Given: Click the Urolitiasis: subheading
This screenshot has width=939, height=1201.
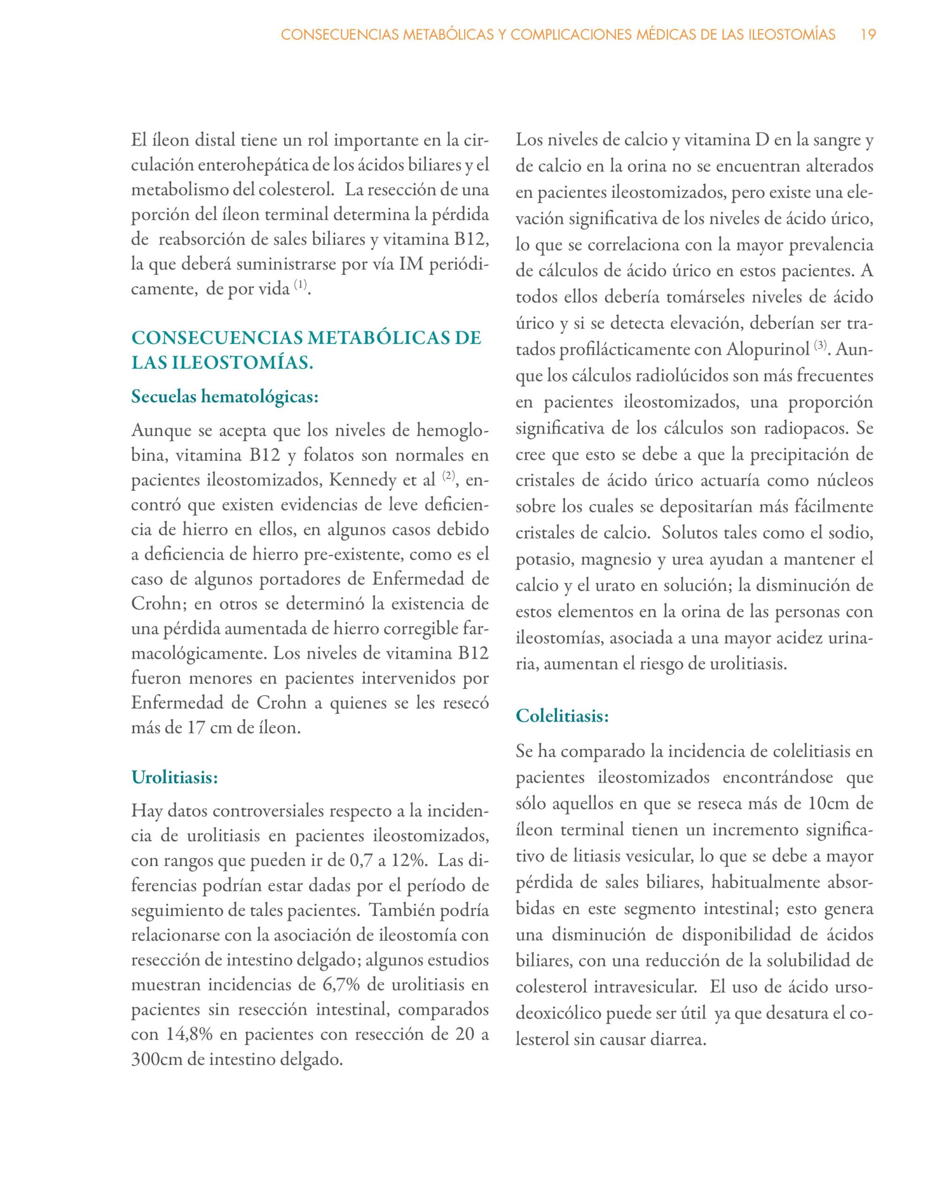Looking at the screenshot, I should pos(175,777).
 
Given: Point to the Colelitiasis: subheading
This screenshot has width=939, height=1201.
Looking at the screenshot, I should pos(562,716).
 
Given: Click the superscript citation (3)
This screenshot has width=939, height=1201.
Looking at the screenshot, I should pos(820,346).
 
